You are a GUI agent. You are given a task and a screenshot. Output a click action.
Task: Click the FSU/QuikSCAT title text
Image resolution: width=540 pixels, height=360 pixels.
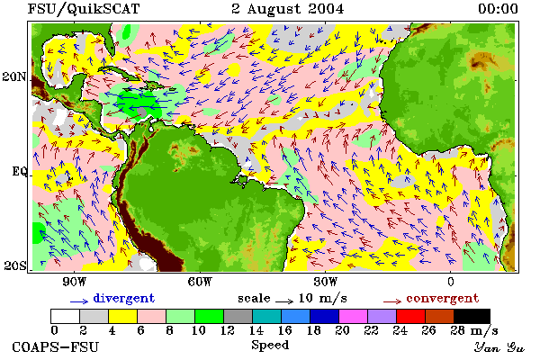click(x=84, y=9)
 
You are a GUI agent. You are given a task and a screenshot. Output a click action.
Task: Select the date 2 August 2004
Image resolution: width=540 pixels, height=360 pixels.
click(x=288, y=9)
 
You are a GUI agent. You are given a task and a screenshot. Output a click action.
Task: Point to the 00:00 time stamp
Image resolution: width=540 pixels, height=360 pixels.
click(x=498, y=9)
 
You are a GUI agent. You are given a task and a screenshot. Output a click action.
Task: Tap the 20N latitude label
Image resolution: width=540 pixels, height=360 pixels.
click(x=14, y=76)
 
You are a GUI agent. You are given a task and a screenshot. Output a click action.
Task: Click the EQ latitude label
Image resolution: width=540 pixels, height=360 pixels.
click(x=19, y=171)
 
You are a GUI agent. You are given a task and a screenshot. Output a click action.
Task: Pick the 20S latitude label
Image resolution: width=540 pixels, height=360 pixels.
click(x=15, y=265)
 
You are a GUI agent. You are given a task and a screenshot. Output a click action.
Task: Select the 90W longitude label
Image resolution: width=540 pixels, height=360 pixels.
click(x=74, y=282)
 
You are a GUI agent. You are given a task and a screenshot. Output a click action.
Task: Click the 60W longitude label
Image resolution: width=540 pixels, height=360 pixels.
click(x=200, y=282)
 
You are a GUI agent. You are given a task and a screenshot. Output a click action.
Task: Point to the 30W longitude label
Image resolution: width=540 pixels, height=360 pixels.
click(x=326, y=282)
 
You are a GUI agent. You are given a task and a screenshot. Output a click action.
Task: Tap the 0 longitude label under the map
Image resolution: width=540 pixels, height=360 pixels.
click(x=451, y=282)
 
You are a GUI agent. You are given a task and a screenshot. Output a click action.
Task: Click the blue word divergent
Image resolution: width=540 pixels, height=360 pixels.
click(x=124, y=298)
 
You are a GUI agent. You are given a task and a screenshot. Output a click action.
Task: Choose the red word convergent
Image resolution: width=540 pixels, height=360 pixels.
click(x=442, y=298)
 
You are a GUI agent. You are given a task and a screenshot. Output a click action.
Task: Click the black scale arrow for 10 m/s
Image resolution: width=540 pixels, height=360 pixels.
click(x=284, y=301)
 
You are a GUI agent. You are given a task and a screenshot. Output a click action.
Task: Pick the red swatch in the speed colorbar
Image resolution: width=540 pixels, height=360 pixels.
click(x=410, y=316)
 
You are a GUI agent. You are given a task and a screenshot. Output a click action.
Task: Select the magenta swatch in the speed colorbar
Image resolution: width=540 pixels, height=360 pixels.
click(x=353, y=316)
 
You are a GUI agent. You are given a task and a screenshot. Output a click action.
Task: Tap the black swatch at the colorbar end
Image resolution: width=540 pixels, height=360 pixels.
click(x=472, y=316)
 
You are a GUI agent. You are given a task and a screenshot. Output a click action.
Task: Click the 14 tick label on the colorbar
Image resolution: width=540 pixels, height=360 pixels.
click(x=256, y=330)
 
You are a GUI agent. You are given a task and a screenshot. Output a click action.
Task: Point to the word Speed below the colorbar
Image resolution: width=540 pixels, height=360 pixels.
click(x=270, y=346)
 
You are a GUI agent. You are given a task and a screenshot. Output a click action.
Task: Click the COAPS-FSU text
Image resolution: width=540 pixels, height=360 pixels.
click(x=56, y=346)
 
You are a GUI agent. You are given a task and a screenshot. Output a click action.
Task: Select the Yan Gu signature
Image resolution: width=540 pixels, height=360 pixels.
click(x=499, y=347)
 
